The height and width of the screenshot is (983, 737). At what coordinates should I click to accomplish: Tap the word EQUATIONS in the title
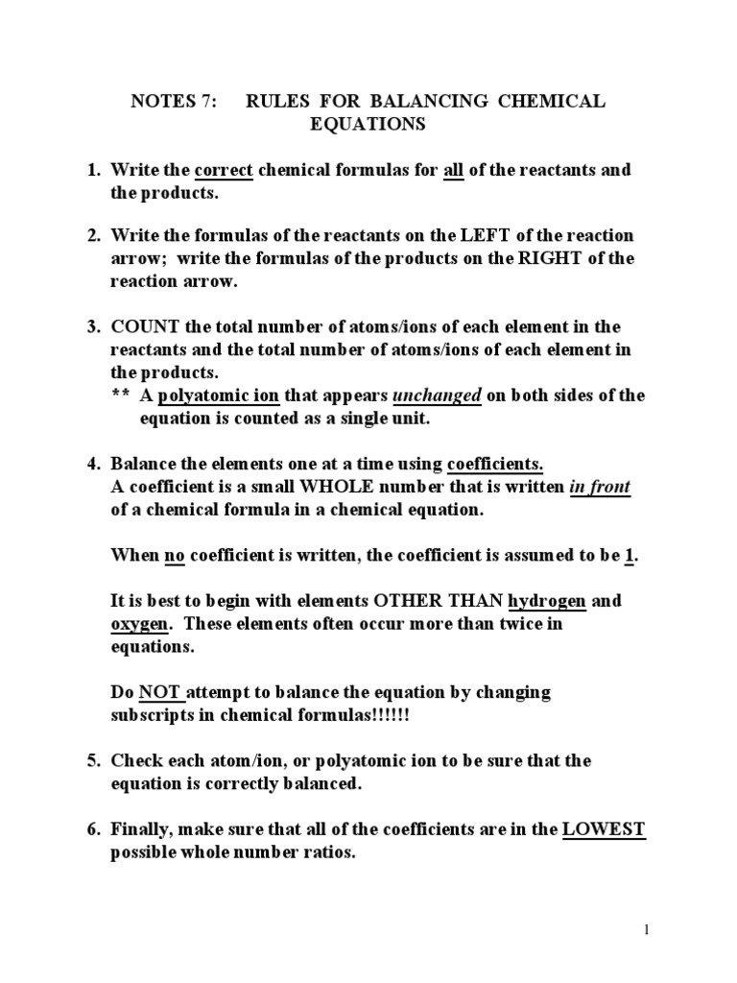pyautogui.click(x=367, y=125)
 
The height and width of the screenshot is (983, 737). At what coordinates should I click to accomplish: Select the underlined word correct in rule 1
pyautogui.click(x=224, y=171)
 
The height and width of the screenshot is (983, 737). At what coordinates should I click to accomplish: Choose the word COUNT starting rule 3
pyautogui.click(x=141, y=326)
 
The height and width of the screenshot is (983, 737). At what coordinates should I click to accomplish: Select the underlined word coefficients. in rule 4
pyautogui.click(x=495, y=463)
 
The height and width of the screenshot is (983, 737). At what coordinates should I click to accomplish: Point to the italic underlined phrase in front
pyautogui.click(x=600, y=487)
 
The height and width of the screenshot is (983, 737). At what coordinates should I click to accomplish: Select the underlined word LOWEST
pyautogui.click(x=604, y=830)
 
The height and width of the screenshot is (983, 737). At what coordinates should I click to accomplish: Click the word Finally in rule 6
pyautogui.click(x=142, y=830)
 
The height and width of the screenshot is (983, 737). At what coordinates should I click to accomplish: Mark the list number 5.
pyautogui.click(x=94, y=761)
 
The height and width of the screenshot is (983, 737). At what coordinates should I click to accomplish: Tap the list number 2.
pyautogui.click(x=94, y=236)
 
